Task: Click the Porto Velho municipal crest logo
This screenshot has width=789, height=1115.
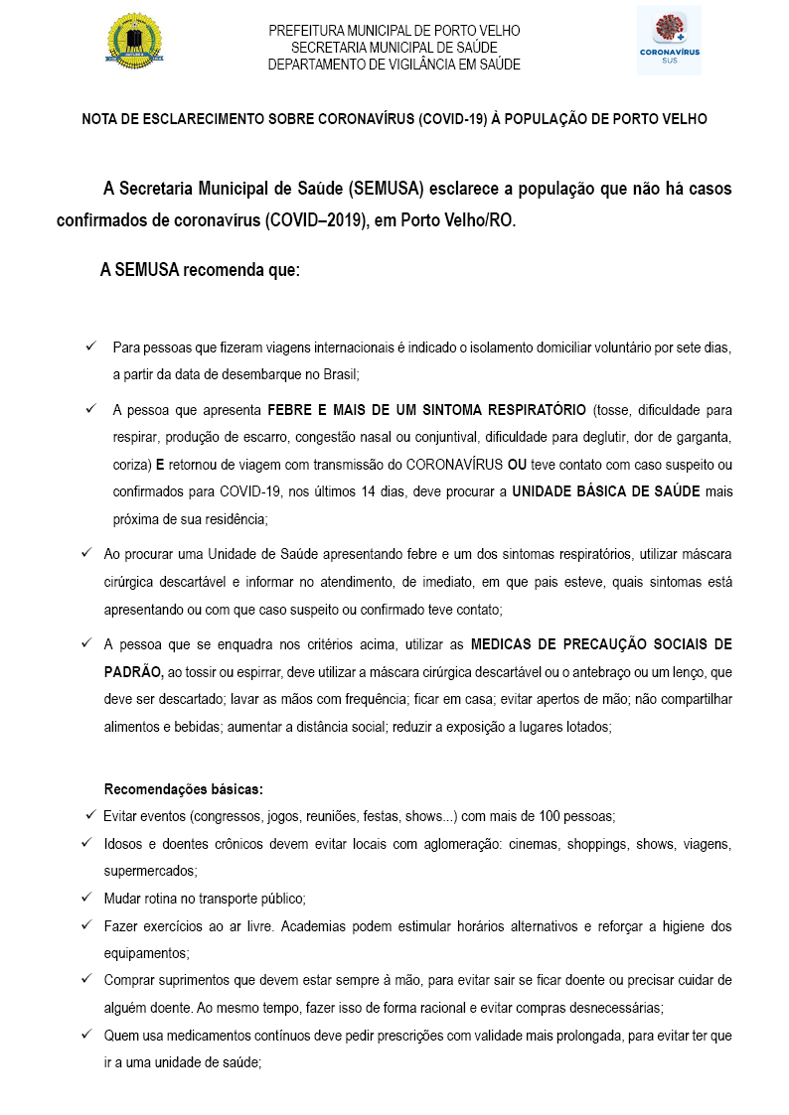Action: pos(134,41)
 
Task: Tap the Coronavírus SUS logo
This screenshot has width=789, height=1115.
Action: pos(669,40)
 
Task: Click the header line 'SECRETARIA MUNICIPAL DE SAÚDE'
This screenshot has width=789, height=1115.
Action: pos(394,48)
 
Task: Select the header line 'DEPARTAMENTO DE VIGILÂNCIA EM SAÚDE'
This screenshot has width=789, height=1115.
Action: pos(394,65)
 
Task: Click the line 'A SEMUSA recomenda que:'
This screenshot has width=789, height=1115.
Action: pos(200,270)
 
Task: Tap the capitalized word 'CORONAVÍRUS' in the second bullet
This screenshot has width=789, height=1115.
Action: pos(447,464)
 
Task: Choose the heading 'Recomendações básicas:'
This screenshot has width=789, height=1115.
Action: pos(184,789)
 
